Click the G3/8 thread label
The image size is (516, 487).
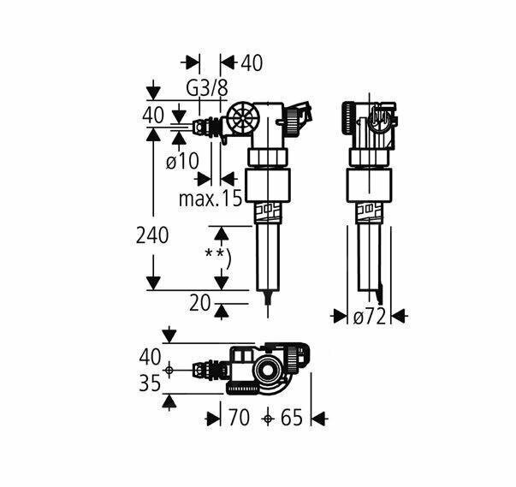click(x=207, y=87)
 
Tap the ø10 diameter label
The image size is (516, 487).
click(x=182, y=160)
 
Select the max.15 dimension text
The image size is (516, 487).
click(x=211, y=199)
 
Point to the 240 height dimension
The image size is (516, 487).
click(x=153, y=235)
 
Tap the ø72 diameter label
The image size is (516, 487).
click(x=370, y=318)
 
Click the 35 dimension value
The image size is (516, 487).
click(x=150, y=383)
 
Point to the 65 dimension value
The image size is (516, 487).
click(x=292, y=419)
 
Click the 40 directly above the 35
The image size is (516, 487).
click(x=150, y=354)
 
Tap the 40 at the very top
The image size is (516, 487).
click(x=251, y=62)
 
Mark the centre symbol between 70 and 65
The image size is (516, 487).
click(x=269, y=419)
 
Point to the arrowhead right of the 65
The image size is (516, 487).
click(x=319, y=419)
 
